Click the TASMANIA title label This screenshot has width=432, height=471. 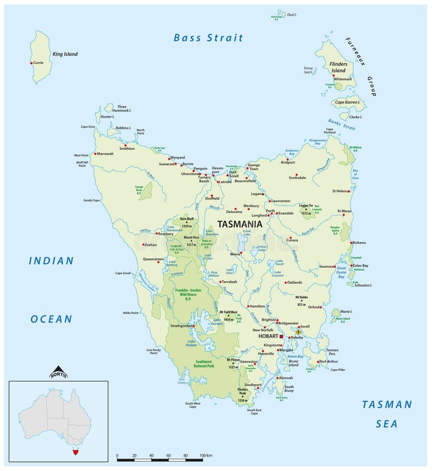pos(240,224)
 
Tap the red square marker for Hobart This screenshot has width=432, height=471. pos(281,336)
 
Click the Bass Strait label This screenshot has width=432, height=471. pos(208,38)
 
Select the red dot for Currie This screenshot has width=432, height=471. pos(32,63)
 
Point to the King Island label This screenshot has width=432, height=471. pos(65,54)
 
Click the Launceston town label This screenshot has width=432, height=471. pos(280,201)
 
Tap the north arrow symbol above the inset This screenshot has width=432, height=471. pos(58,372)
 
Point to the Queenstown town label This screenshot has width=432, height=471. pos(153,259)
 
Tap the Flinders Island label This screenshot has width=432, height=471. pos(339,67)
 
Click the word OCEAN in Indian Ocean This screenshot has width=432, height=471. pos(51,319)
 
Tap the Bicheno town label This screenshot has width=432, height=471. pos(359,243)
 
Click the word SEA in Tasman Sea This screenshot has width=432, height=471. pos(387,424)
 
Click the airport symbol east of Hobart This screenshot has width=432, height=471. pos(298,332)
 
